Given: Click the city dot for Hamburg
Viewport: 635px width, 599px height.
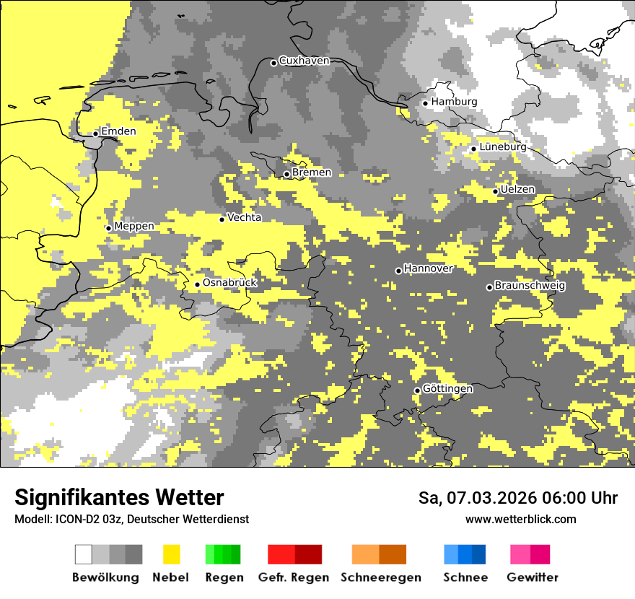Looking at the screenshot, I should (x=426, y=103).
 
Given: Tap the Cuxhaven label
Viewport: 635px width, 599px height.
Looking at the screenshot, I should (x=304, y=61).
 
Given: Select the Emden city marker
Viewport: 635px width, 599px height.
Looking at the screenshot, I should (x=95, y=134).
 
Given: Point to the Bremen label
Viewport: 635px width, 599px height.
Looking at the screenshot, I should (x=312, y=172).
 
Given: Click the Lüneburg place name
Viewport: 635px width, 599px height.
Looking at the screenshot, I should (x=503, y=147).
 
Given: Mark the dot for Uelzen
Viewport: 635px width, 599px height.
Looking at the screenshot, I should (x=496, y=191).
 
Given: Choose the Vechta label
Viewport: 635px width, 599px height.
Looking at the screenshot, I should (x=245, y=217).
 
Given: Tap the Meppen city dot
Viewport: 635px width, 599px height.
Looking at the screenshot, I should (x=109, y=228).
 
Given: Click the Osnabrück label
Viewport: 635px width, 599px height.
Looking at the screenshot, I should (x=229, y=283).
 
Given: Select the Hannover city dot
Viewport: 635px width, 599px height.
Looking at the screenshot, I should (x=398, y=271).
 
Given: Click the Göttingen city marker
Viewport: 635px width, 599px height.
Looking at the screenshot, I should (x=417, y=390).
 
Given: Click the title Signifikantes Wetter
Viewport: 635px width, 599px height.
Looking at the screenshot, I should (x=119, y=498).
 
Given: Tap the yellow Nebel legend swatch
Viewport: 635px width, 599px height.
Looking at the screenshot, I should (x=171, y=554).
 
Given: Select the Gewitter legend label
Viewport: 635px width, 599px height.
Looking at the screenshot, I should (x=533, y=577).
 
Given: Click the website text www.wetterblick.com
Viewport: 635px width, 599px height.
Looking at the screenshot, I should (x=521, y=520).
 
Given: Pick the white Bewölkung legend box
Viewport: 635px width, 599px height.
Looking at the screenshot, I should (x=84, y=554).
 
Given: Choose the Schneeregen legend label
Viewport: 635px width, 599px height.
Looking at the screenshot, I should (x=381, y=577).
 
